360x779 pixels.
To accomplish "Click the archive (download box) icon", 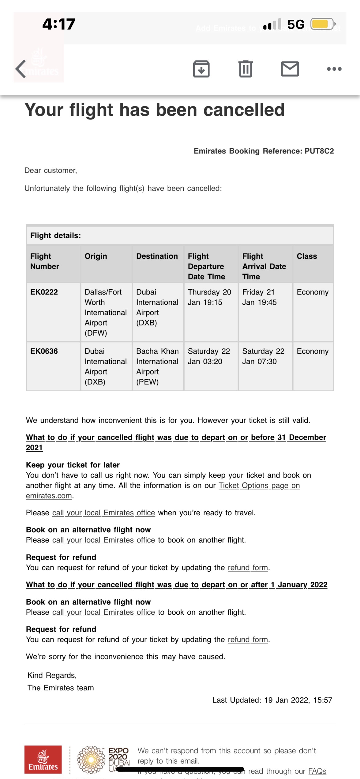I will [x=201, y=69].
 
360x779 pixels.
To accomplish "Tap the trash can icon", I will [x=246, y=69].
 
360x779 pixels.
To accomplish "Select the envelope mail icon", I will [x=290, y=69].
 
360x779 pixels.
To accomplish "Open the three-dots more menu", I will [x=334, y=69].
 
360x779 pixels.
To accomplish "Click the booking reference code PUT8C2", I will [x=319, y=151].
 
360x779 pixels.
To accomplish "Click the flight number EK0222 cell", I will [x=44, y=292].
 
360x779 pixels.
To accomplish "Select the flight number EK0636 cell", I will [x=44, y=351].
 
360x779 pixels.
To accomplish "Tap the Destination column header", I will [x=157, y=256].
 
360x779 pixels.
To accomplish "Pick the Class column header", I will [x=307, y=256].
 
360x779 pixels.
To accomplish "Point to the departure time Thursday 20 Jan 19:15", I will [x=209, y=297].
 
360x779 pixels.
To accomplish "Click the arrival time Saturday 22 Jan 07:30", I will [x=263, y=356].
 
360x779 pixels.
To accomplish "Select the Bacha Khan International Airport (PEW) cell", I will [x=157, y=366].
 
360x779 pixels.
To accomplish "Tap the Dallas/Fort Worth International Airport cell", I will [x=105, y=312].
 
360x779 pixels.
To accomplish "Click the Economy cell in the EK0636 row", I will [x=313, y=351].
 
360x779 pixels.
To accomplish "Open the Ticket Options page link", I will [x=259, y=485].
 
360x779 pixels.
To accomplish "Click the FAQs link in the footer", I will [x=317, y=771].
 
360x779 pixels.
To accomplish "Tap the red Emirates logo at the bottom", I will [x=43, y=759].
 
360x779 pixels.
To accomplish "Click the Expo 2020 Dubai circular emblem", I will [x=91, y=760].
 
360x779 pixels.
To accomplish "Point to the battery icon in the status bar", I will [x=322, y=24].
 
